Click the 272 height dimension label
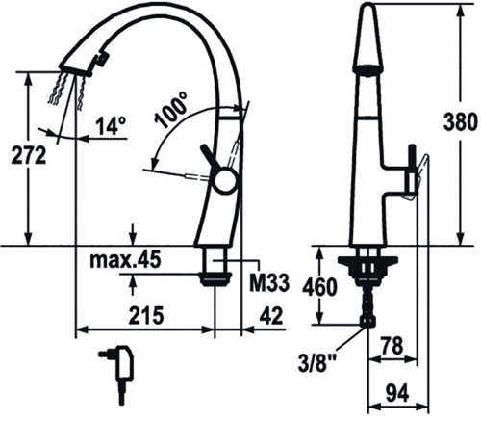coord(29,155)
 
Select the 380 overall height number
coord(461,122)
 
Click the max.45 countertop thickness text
coord(125,260)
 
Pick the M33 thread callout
coord(269,283)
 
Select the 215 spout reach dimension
coord(146,315)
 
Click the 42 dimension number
coord(271,315)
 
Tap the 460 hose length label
coord(320,287)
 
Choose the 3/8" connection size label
coord(317,364)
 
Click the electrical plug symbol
coord(117,372)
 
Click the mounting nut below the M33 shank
coord(215,279)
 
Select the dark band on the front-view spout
coord(367,70)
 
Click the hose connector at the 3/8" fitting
coord(367,321)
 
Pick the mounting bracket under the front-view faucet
coord(367,262)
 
